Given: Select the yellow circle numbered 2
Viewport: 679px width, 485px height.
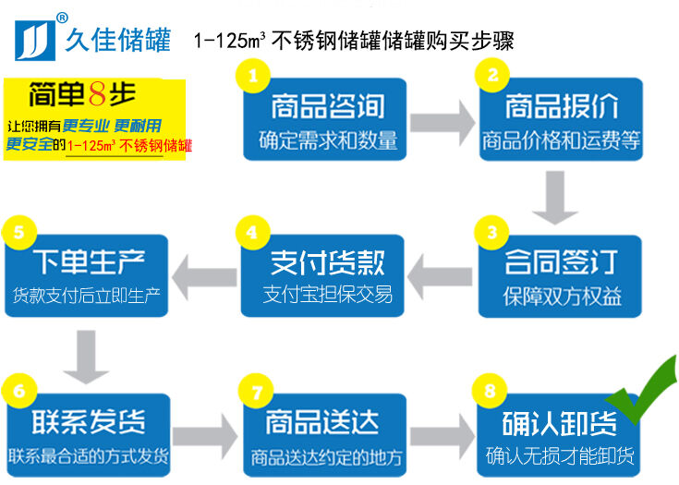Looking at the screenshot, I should click(492, 75).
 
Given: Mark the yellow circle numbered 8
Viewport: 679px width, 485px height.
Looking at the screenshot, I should click(492, 389).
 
